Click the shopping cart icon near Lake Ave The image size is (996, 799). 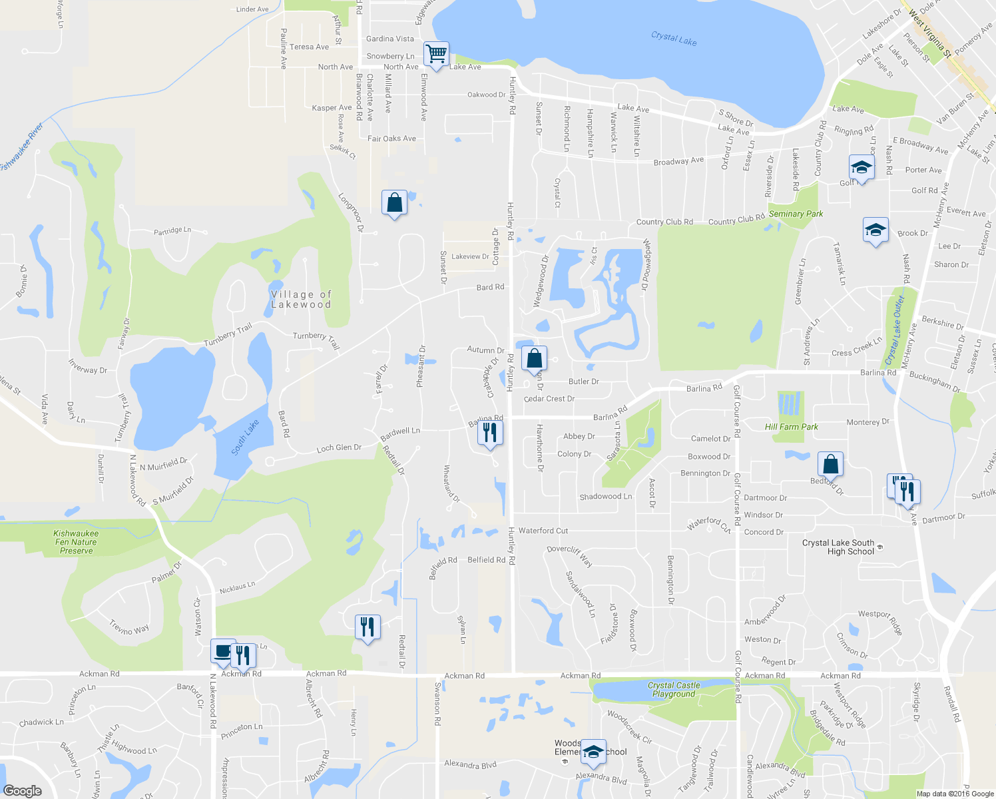click(436, 54)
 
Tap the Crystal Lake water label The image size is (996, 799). click(674, 39)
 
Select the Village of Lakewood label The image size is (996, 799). click(301, 300)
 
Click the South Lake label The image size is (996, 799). click(245, 437)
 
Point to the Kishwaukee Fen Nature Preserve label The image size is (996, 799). click(76, 542)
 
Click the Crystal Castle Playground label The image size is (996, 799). click(674, 689)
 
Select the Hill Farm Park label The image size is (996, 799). click(791, 427)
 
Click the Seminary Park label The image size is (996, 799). click(796, 214)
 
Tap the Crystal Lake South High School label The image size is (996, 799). click(838, 547)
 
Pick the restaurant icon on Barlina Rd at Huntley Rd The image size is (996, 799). click(490, 433)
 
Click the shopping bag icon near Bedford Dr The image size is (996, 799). click(830, 463)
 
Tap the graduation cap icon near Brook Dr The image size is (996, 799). click(875, 230)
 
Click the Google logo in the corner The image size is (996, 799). click(22, 790)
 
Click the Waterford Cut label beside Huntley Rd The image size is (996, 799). click(543, 531)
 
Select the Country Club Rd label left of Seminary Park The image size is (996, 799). click(664, 222)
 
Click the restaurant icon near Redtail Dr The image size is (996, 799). click(368, 627)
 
